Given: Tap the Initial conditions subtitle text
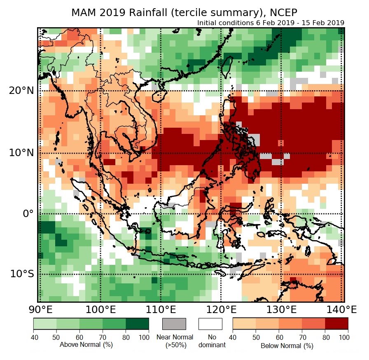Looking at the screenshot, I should (271, 23).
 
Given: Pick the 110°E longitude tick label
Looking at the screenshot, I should (161, 309).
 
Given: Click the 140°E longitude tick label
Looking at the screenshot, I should (342, 309).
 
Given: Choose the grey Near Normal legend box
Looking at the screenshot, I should (174, 324).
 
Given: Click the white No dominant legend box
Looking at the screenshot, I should (210, 324).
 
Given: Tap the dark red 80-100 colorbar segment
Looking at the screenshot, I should (336, 324).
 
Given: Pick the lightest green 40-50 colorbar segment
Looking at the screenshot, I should (45, 324).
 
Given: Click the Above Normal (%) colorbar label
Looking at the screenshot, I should (86, 344).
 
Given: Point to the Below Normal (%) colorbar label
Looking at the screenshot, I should (287, 346).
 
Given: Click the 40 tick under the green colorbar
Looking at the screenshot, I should (33, 337).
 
